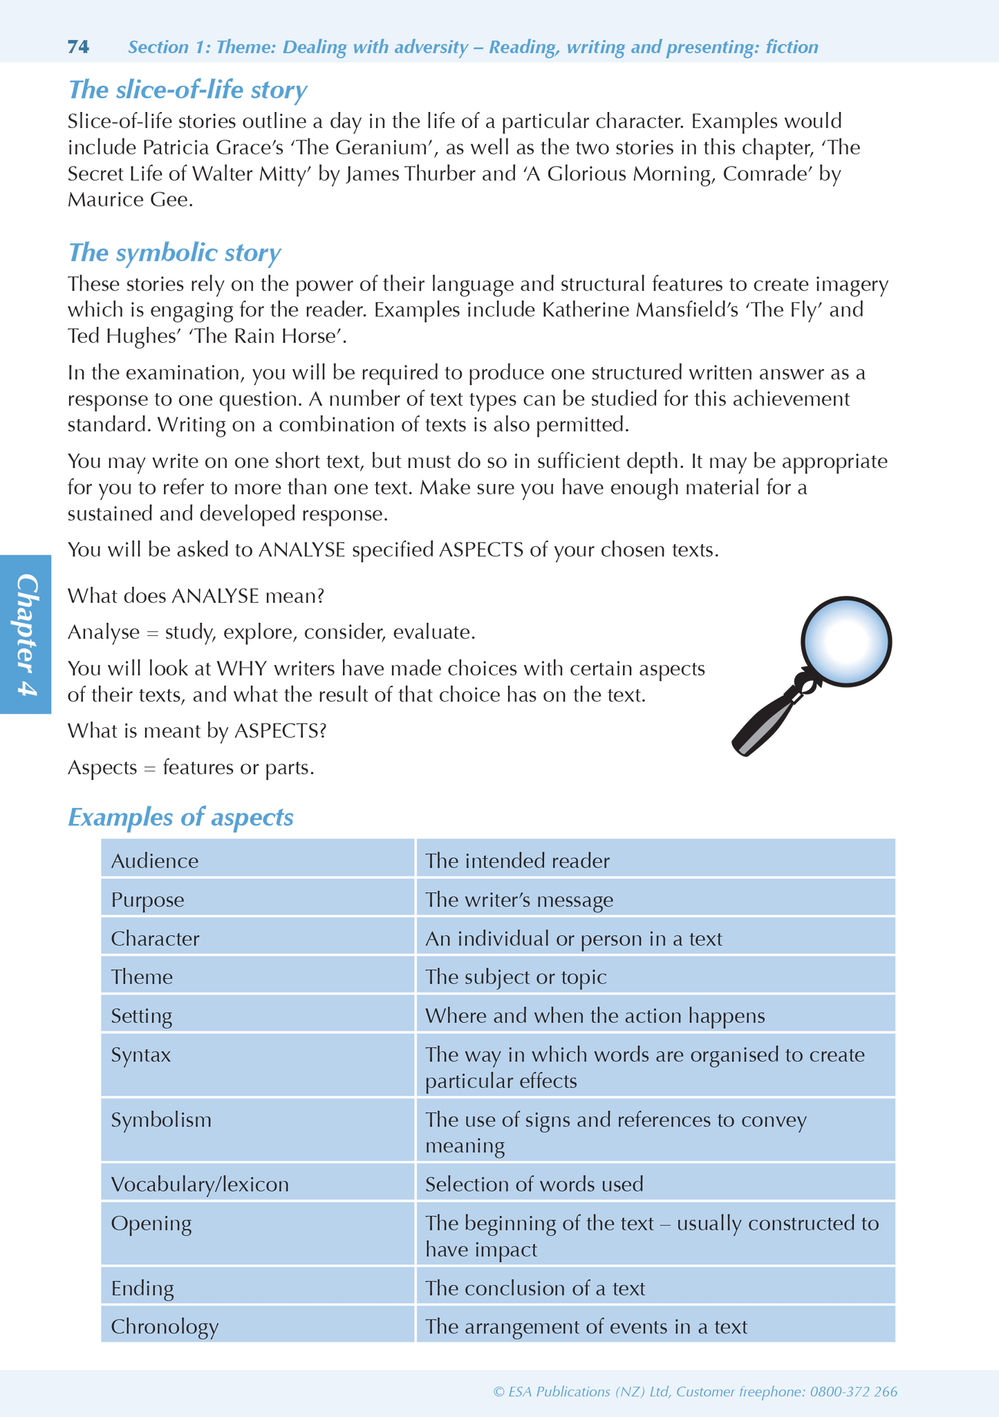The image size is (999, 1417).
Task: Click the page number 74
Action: tap(78, 47)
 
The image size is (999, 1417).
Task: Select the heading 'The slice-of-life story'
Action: tap(187, 90)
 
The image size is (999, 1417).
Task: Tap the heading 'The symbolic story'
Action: tap(174, 253)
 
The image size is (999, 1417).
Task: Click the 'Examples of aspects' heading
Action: tap(180, 817)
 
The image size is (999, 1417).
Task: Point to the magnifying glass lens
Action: tap(846, 641)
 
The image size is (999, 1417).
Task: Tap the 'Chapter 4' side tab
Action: tap(26, 634)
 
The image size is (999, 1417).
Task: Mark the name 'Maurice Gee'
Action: tap(129, 200)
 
